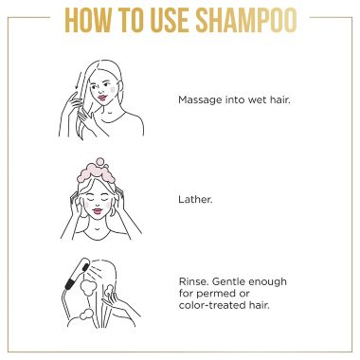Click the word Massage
coord(197,99)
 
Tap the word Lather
coord(193,200)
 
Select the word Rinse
coord(191,281)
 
